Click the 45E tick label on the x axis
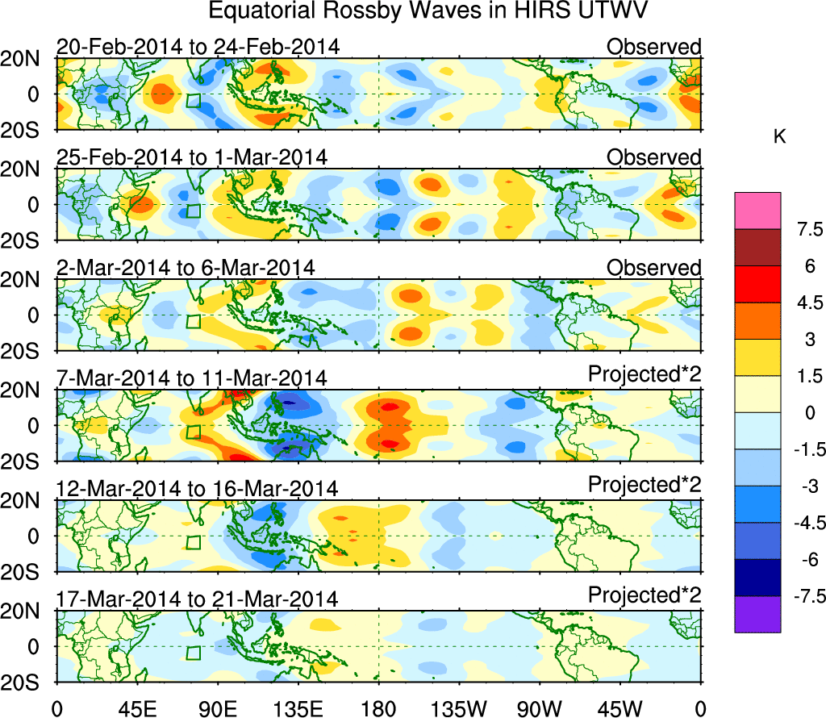136,708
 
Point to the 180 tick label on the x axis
378,708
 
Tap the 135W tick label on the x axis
459,708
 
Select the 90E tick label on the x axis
217,708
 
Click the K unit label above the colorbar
779,138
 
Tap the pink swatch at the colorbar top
757,211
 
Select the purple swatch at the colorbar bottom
757,615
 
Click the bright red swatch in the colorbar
757,284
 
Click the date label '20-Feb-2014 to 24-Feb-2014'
198,47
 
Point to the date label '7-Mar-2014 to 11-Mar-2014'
192,378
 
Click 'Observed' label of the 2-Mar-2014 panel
654,267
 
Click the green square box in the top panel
193,101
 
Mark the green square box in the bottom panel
193,653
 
